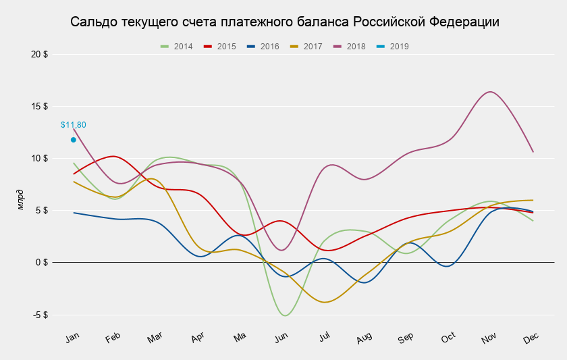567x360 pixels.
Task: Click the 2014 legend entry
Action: [177, 47]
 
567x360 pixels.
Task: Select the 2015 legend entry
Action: [220, 47]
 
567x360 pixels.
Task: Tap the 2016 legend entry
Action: [263, 47]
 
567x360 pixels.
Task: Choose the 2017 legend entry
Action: [306, 47]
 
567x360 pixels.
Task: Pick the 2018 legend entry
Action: [350, 47]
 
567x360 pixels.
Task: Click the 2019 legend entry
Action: [393, 47]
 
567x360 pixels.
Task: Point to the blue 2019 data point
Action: [74, 140]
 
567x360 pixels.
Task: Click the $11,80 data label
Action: [74, 125]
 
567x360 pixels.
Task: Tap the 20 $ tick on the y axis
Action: [40, 54]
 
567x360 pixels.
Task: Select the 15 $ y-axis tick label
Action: [40, 106]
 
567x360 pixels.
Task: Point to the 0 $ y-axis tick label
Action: [41, 263]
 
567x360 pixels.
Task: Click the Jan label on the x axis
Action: [73, 338]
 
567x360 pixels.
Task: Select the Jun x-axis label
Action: [281, 338]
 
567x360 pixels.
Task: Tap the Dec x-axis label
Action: [531, 338]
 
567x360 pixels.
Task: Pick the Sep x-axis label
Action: [406, 338]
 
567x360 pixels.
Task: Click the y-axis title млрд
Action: [20, 200]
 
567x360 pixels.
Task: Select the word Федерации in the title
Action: [466, 22]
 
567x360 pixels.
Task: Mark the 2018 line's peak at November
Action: [490, 92]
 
